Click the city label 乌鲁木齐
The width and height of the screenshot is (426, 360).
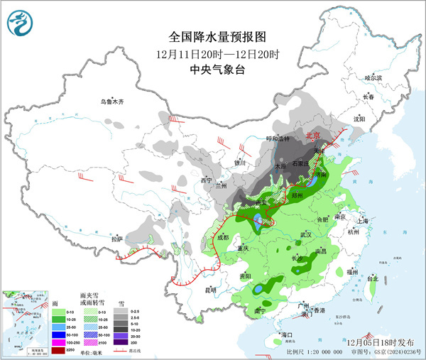click(111, 102)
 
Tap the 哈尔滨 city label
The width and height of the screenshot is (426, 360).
click(373, 77)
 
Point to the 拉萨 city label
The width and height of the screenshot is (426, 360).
click(116, 239)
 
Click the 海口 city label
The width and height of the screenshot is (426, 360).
click(287, 334)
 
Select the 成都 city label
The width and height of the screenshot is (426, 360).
click(224, 237)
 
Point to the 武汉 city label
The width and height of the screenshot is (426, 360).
click(306, 234)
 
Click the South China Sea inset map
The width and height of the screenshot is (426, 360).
click(22, 320)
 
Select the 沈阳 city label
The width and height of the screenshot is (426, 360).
click(362, 119)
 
